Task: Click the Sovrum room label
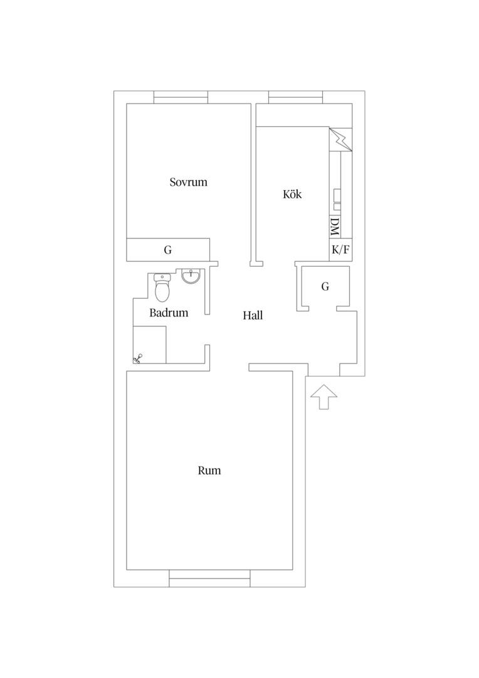pos(188,182)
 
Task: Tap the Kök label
pos(292,194)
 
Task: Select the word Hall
pos(253,315)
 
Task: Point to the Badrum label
pos(169,313)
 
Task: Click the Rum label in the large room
pos(209,470)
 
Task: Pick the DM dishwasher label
pos(335,227)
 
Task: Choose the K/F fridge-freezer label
pos(340,250)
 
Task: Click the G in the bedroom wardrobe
pos(167,250)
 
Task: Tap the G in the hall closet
pos(325,286)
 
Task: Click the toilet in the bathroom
pos(162,288)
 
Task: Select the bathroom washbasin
pos(191,276)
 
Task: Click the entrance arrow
pos(324,397)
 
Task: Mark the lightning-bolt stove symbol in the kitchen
pos(341,139)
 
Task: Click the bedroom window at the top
pos(181,97)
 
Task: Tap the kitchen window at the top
pos(295,97)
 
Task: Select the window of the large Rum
pos(209,578)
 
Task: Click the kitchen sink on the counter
pos(337,200)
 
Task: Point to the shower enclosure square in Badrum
pos(149,345)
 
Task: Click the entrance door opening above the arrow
pos(324,370)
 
